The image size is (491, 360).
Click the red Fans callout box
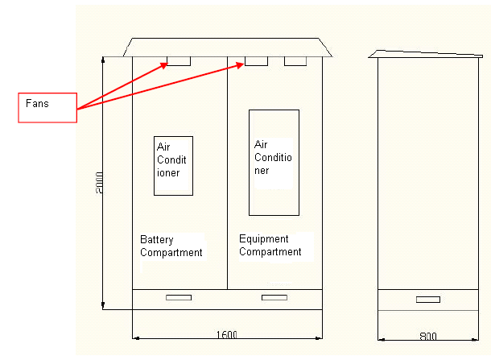pos(47,108)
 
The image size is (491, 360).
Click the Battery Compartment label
pos(171,246)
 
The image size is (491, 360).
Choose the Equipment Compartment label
pos(270,246)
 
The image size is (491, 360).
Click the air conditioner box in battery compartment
pos(173,165)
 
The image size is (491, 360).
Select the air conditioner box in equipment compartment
pos(274,163)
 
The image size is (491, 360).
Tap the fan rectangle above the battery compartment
pos(179,60)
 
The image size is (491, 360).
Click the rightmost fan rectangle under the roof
pos(295,60)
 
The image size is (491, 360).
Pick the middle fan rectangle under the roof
pos(256,60)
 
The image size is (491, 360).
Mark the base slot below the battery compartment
pos(178,297)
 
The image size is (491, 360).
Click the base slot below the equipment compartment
pos(274,297)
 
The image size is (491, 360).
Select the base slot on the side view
pos(427,300)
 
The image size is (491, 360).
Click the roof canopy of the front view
pos(228,47)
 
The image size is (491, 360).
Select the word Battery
pos(157,240)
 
